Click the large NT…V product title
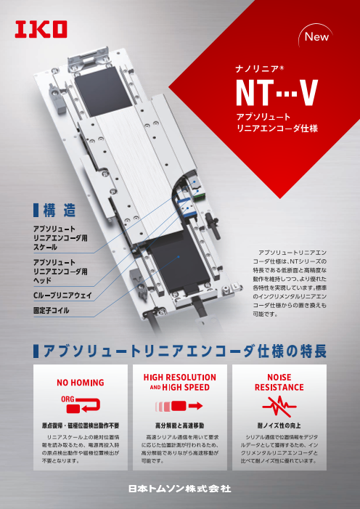pyautogui.click(x=278, y=94)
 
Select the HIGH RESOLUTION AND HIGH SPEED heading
pyautogui.click(x=179, y=383)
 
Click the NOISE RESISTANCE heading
pyautogui.click(x=279, y=383)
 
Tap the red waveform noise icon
pyautogui.click(x=280, y=405)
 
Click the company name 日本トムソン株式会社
pyautogui.click(x=180, y=489)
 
